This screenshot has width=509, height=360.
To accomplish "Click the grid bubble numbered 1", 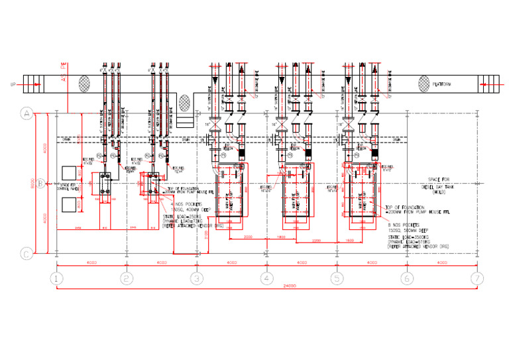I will click(58, 278).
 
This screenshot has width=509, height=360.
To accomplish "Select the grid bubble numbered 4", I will click(266, 278).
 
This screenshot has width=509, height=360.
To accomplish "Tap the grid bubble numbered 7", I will click(475, 278).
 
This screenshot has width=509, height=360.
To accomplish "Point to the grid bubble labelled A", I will click(27, 113).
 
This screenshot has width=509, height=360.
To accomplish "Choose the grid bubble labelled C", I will click(27, 253).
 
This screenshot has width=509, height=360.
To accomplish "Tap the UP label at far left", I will click(13, 84).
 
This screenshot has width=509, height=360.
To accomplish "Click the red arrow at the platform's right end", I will click(486, 84).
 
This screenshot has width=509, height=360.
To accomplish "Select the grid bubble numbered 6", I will click(406, 278).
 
